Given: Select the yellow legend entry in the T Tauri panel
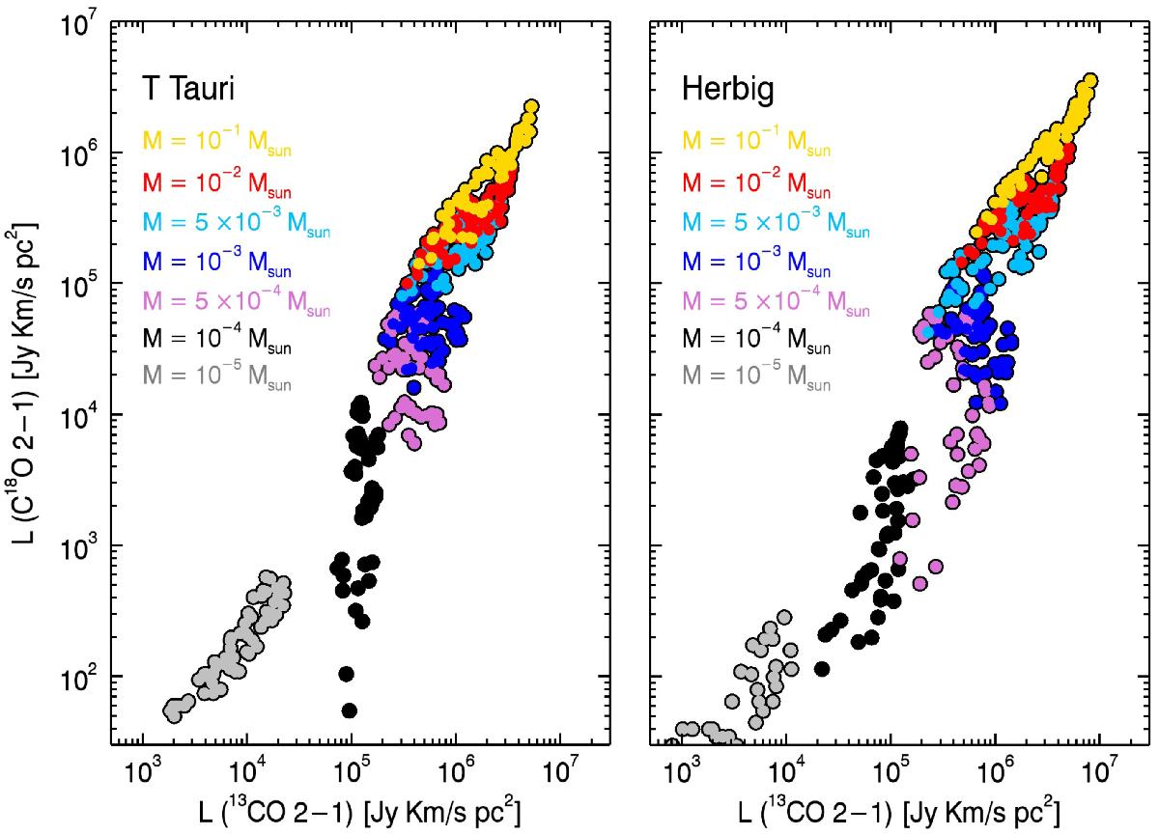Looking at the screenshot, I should click(217, 142).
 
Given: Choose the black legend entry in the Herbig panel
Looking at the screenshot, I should click(753, 340).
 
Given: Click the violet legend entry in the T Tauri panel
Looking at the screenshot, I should click(237, 301).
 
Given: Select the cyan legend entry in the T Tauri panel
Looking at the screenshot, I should click(237, 222).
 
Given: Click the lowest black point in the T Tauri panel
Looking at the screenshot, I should click(350, 710).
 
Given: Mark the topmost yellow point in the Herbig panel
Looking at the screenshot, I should click(1091, 81).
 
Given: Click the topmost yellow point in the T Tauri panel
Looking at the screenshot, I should click(531, 107).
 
